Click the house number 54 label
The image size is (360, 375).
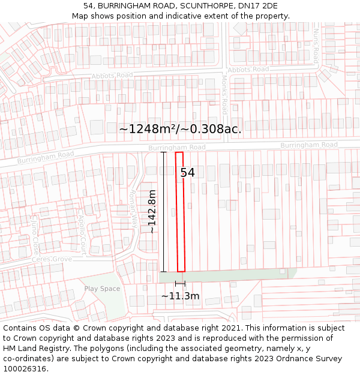pyautogui.click(x=188, y=173)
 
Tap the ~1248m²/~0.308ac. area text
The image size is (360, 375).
pyautogui.click(x=180, y=129)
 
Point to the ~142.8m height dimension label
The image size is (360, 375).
pyautogui.click(x=152, y=212)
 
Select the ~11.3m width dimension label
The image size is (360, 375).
pyautogui.click(x=180, y=296)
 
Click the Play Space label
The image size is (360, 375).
pyautogui.click(x=102, y=289)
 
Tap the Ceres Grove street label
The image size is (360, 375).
pyautogui.click(x=53, y=259)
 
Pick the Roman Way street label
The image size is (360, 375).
pyautogui.click(x=134, y=207)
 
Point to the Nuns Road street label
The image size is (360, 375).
pyautogui.click(x=316, y=46)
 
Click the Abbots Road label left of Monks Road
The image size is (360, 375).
pyautogui.click(x=112, y=76)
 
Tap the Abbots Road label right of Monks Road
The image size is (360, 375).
pyautogui.click(x=248, y=70)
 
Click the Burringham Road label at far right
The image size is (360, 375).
pyautogui.click(x=309, y=145)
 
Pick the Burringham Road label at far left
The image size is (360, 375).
pyautogui.click(x=46, y=158)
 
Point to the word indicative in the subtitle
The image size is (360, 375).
pyautogui.click(x=172, y=16)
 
